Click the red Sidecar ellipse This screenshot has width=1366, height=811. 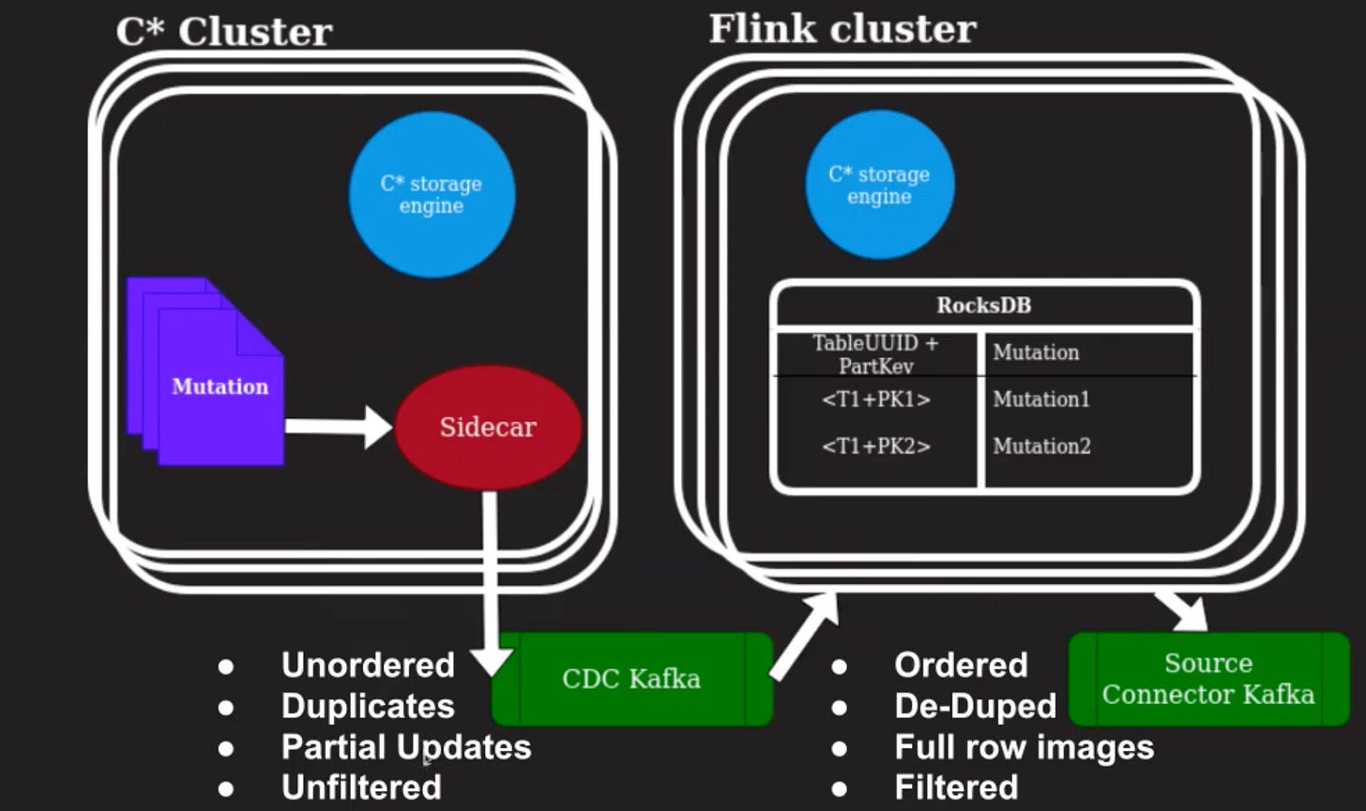pos(488,427)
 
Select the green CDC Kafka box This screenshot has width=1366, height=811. pos(631,679)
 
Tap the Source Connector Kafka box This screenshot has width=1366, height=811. pos(1208,679)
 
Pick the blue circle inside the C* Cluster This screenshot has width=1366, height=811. pos(432,195)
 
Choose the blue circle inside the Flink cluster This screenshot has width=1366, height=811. pos(879,185)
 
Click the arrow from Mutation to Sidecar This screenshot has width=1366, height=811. pos(338,427)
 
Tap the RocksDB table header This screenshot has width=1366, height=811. pos(983,306)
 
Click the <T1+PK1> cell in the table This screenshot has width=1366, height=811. pos(875,399)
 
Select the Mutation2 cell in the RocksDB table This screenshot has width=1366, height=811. pos(1041,446)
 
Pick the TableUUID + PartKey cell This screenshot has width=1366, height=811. pos(875,353)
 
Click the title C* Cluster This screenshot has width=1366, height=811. pos(223,32)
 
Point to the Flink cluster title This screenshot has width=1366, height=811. pos(842,28)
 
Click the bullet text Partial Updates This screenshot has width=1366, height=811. pos(406,747)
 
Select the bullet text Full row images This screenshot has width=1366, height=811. pos(1024,747)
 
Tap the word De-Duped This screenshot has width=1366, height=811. pos(975,706)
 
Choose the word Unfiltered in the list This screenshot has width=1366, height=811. pos(361,788)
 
